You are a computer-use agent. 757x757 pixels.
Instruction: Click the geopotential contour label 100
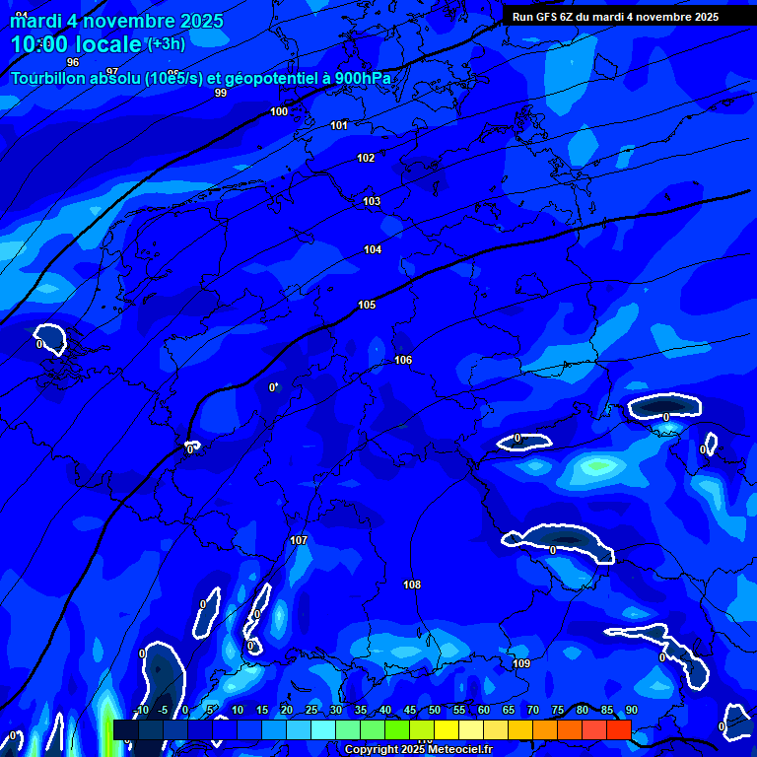click(279, 111)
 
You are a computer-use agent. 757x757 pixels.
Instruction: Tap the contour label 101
click(339, 125)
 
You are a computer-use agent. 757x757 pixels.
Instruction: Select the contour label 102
click(366, 158)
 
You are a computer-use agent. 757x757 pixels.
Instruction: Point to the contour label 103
click(372, 201)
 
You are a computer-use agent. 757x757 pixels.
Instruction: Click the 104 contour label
click(373, 249)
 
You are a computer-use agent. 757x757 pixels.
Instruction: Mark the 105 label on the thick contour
click(367, 305)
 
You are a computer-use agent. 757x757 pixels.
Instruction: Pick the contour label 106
click(403, 360)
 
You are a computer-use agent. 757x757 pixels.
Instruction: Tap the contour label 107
click(299, 540)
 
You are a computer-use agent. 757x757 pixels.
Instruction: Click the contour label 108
click(412, 585)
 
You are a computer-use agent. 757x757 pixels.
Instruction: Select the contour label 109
click(521, 663)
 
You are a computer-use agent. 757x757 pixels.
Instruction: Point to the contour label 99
click(221, 93)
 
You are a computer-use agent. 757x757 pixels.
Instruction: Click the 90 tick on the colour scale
click(631, 710)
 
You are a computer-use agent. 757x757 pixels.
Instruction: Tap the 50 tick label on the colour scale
click(435, 710)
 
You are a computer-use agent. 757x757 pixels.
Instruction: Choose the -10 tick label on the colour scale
click(140, 710)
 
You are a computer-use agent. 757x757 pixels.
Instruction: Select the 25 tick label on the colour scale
click(311, 710)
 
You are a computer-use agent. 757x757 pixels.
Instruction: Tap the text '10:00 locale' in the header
click(76, 44)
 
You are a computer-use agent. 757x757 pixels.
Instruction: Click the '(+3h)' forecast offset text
click(166, 43)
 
